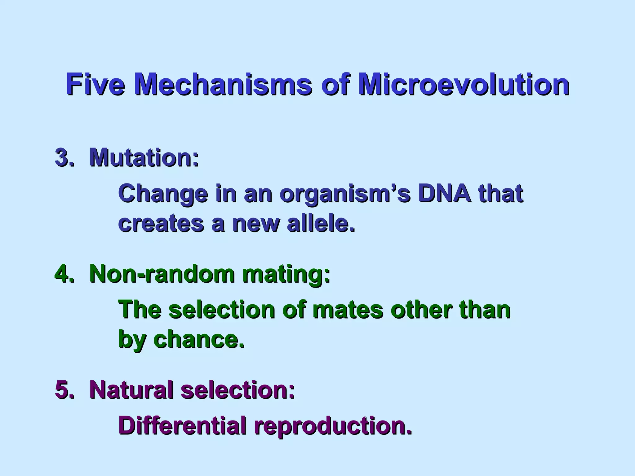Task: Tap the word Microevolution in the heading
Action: point(463,84)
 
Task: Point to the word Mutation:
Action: point(144,157)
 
